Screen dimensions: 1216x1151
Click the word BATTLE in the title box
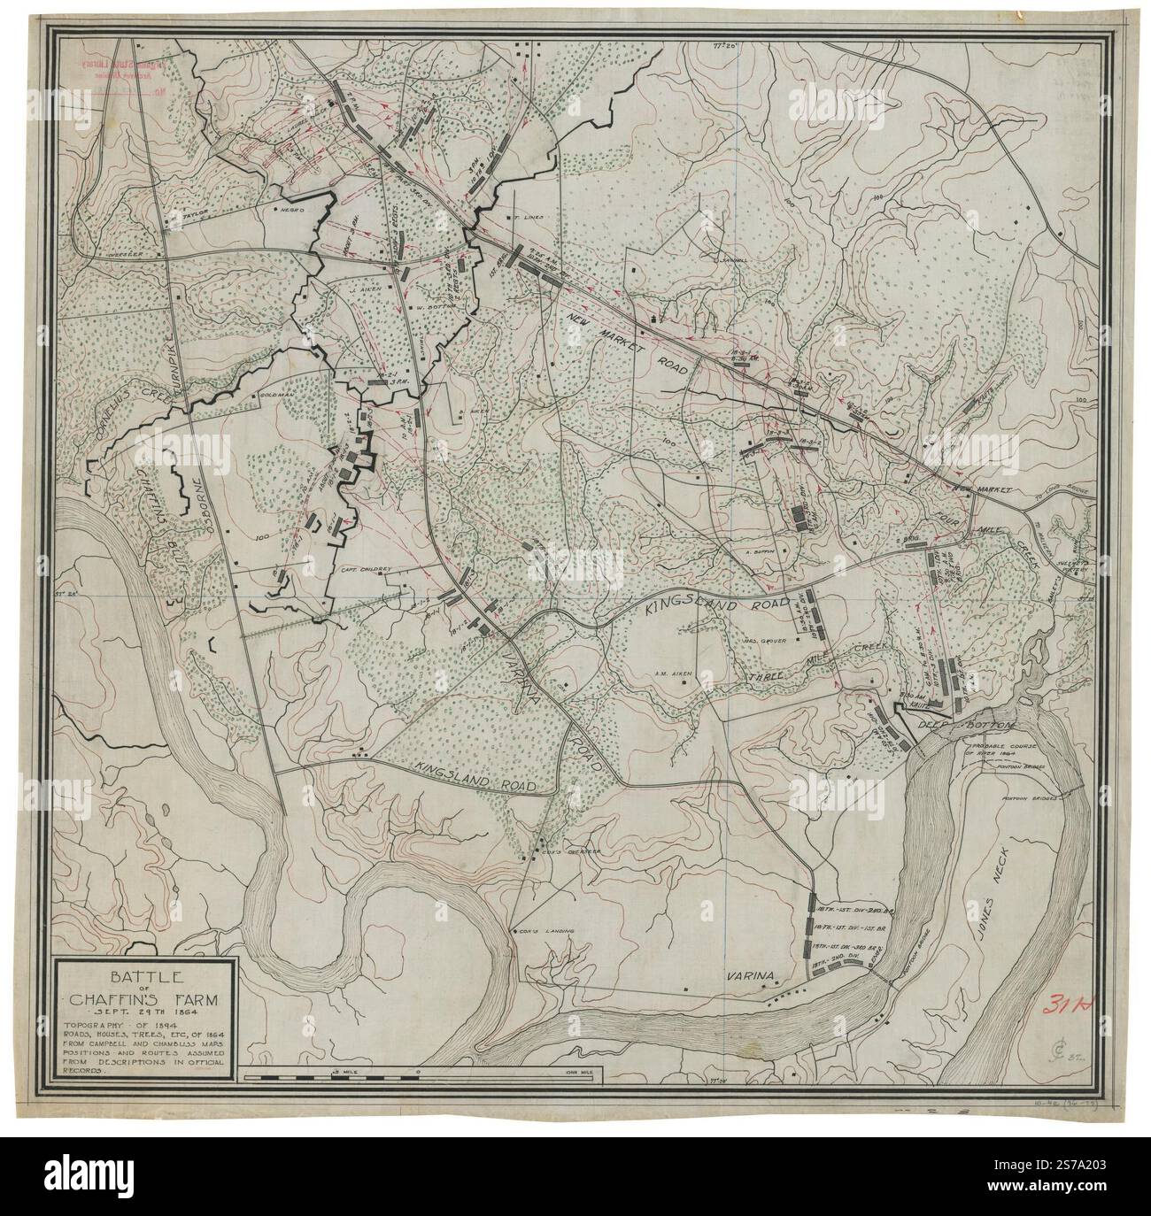142,976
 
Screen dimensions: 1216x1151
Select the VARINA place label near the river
751,976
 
